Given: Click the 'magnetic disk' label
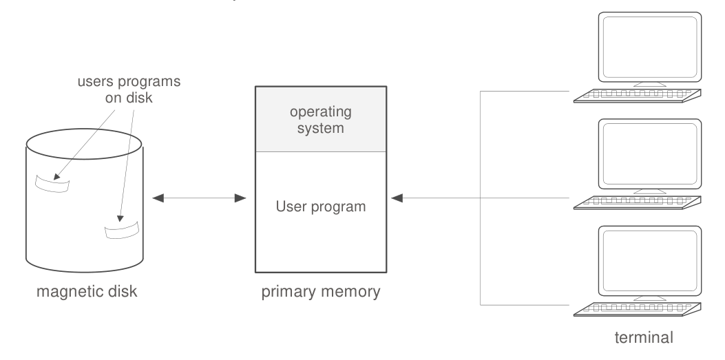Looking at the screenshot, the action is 87,292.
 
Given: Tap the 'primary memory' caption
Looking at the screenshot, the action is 321,292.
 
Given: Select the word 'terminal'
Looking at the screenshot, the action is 644,337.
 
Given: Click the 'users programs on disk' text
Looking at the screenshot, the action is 129,89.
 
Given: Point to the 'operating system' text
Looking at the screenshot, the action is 321,120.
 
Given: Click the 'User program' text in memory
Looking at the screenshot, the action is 321,207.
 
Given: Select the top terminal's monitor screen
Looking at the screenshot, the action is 650,47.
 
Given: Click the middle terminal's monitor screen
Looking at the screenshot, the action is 650,154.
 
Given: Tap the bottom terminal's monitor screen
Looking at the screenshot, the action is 650,261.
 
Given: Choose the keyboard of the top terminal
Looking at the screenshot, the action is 637,96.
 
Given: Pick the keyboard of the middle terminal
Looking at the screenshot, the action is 637,202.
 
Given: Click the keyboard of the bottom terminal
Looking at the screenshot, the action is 637,310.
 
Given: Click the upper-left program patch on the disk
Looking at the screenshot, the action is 53,184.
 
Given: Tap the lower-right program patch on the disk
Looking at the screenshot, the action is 122,230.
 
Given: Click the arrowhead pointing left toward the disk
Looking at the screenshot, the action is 158,198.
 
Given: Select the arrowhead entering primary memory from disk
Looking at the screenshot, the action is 240,198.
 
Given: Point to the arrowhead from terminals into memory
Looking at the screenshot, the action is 397,198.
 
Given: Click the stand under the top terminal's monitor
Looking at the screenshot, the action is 650,85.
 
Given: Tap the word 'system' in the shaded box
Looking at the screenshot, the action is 321,128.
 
